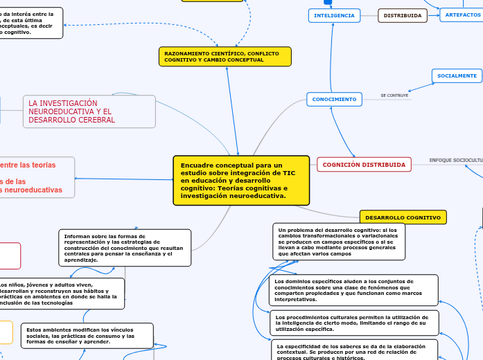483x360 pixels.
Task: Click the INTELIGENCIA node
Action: click(334, 15)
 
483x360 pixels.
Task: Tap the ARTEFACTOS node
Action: click(462, 15)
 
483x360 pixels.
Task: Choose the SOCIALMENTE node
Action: click(457, 75)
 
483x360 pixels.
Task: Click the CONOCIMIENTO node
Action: click(334, 100)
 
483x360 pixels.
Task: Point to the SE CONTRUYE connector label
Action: click(394, 95)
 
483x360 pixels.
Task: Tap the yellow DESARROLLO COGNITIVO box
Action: click(403, 217)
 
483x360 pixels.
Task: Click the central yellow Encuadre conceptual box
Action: click(240, 180)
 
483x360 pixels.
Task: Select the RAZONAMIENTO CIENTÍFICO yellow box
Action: click(225, 57)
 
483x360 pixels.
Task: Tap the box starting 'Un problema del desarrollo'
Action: click(339, 241)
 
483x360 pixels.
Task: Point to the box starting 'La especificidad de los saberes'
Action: click(353, 350)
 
